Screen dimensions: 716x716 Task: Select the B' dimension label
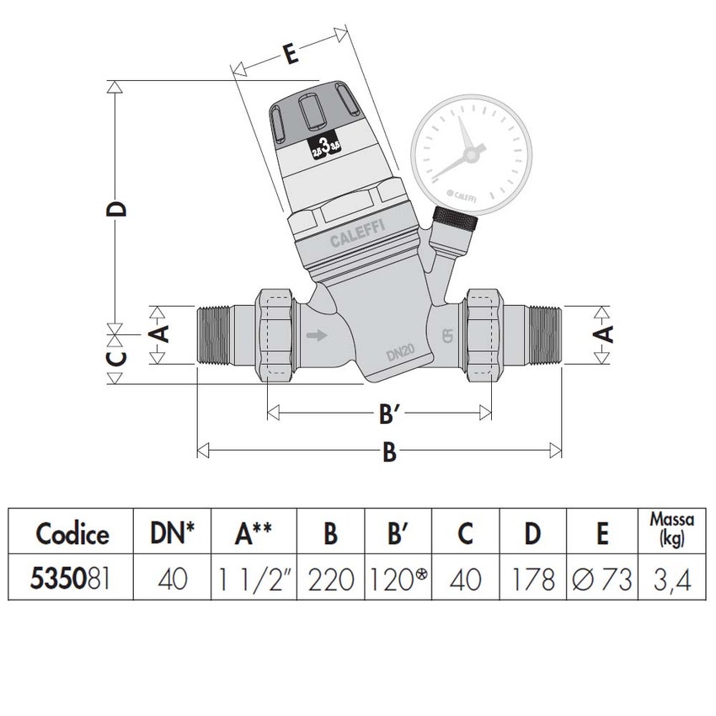pyautogui.click(x=388, y=414)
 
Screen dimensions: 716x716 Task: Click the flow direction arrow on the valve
pyautogui.click(x=319, y=337)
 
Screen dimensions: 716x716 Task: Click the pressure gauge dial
pyautogui.click(x=472, y=152)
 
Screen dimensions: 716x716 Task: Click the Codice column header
pyautogui.click(x=72, y=533)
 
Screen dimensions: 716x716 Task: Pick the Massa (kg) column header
pyautogui.click(x=671, y=532)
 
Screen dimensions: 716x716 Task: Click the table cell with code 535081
pyautogui.click(x=72, y=579)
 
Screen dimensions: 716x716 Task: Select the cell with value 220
pyautogui.click(x=331, y=579)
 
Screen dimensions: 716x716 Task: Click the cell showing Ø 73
pyautogui.click(x=601, y=579)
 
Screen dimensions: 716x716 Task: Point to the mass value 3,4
pyautogui.click(x=671, y=579)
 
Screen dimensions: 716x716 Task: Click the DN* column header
pyautogui.click(x=173, y=533)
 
